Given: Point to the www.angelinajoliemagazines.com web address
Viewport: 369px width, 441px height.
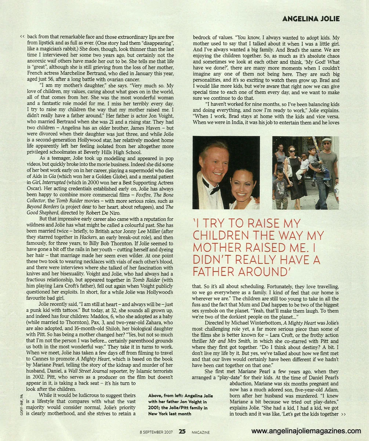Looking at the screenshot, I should point(306,431).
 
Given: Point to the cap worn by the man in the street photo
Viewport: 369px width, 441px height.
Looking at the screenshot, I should point(326,140).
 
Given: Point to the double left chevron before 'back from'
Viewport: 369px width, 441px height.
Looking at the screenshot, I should point(22,37).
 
